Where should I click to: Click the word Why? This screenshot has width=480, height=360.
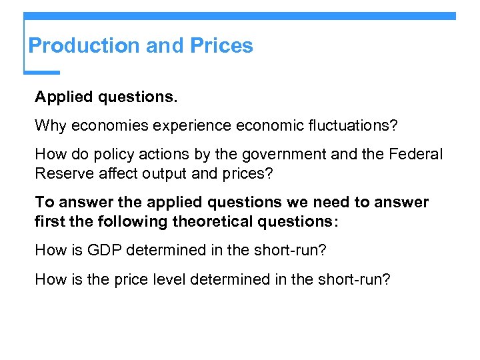pos(50,125)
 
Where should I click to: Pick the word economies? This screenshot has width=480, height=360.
pos(107,125)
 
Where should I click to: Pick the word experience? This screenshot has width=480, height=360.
pos(186,125)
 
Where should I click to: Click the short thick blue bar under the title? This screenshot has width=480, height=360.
pos(41,72)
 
